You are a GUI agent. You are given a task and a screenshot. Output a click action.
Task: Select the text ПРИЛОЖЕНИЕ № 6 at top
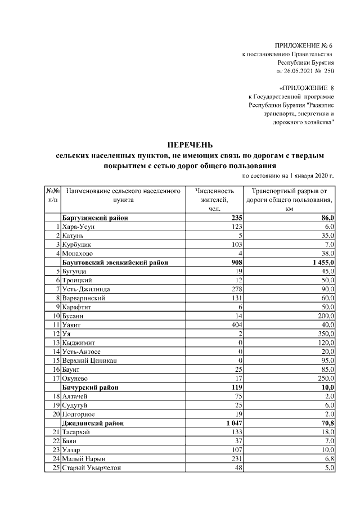[304, 44]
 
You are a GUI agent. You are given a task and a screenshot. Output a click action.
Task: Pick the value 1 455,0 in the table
[321, 262]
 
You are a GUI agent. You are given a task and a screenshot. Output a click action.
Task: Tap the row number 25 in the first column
[56, 467]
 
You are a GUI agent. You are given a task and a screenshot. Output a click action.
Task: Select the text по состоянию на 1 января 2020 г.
[287, 175]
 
